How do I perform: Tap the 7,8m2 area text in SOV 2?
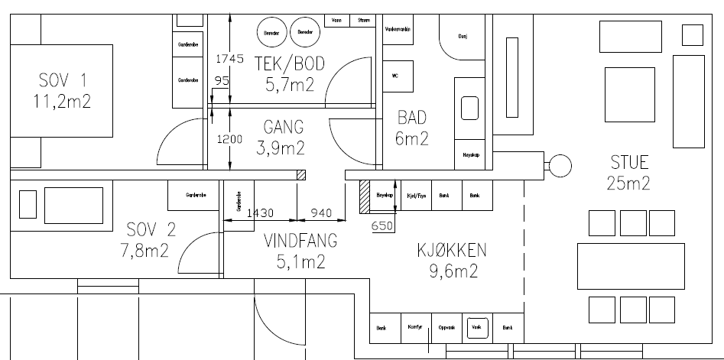[149, 250]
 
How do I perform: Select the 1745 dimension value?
[229, 58]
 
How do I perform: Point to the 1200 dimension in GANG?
[229, 141]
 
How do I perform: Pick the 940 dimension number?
[320, 213]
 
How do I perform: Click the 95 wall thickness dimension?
[222, 80]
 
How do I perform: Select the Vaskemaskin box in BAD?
[398, 29]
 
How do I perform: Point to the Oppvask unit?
[446, 327]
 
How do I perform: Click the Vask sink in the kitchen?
[478, 326]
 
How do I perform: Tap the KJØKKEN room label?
[452, 251]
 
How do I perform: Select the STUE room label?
[629, 162]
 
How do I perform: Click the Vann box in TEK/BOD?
[336, 21]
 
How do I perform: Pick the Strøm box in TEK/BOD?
[365, 21]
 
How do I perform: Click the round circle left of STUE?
[560, 164]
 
